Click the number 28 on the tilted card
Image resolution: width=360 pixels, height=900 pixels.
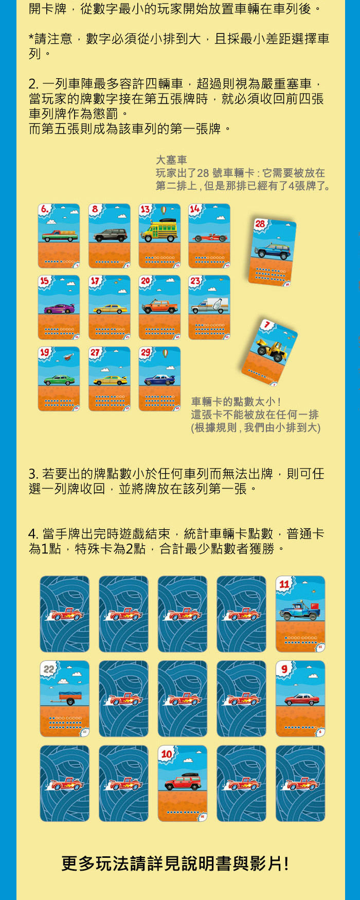(260, 224)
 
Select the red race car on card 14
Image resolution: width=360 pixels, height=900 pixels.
(209, 237)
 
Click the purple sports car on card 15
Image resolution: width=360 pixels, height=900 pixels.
(59, 309)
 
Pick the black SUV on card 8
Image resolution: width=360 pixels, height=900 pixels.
(110, 236)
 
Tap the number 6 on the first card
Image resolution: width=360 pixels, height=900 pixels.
(45, 209)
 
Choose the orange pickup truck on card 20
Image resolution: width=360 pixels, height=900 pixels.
(159, 307)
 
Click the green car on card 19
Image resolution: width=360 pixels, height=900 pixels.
(59, 381)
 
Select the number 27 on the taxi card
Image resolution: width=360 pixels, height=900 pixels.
(95, 352)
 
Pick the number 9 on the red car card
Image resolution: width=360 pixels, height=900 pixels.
(284, 669)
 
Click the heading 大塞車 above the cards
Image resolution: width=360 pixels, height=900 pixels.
(171, 160)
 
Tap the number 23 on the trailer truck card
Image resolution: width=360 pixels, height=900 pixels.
(195, 281)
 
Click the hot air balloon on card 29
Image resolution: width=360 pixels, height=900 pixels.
(165, 353)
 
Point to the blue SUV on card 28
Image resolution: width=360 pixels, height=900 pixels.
(273, 251)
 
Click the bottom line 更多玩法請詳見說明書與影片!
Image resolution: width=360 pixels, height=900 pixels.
(175, 863)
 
